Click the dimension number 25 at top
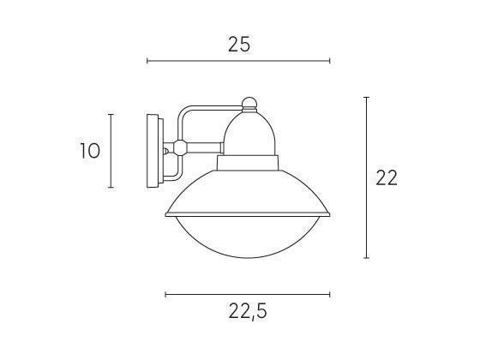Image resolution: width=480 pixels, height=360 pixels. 239,45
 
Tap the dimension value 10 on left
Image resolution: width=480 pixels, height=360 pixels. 89,151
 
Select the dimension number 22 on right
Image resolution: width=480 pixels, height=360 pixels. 387,177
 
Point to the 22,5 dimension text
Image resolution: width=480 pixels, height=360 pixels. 248,311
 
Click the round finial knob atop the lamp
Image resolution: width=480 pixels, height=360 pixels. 248,105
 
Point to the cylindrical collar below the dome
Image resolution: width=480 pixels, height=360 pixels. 248,163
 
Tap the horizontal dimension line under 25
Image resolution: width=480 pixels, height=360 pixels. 238,62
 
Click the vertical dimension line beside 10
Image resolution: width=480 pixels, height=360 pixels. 111,151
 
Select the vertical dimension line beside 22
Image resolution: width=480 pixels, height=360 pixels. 367,177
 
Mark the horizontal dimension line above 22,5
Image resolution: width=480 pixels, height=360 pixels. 248,294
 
